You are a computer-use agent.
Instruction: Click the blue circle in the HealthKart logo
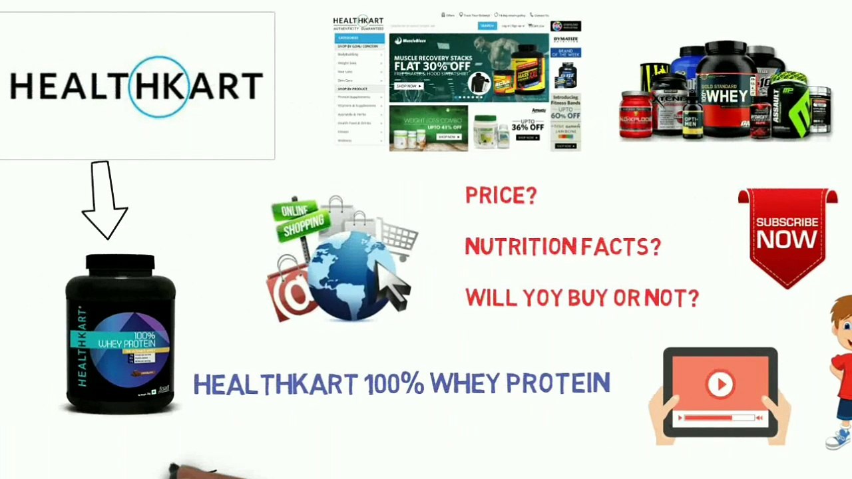tap(158, 87)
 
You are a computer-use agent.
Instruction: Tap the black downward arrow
tap(103, 200)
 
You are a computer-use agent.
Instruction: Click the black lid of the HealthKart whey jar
tap(120, 263)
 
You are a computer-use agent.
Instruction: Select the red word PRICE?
tap(501, 196)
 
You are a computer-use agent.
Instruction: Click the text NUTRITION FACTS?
tap(562, 247)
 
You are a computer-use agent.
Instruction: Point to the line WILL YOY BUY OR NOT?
tap(582, 298)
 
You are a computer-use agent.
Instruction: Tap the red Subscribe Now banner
tap(787, 233)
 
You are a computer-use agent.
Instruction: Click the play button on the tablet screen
tap(720, 384)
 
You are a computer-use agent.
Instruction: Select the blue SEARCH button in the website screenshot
tap(487, 26)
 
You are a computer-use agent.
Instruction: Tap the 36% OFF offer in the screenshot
tap(527, 124)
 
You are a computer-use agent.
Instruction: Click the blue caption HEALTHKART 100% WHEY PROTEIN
tap(401, 384)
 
